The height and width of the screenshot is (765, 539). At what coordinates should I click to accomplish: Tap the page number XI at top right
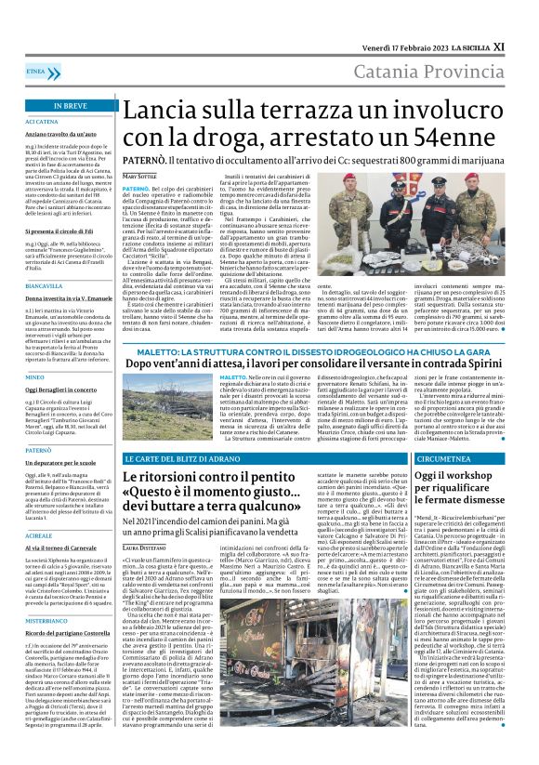pyautogui.click(x=524, y=46)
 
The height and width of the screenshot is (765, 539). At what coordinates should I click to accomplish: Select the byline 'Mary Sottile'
pyautogui.click(x=140, y=176)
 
